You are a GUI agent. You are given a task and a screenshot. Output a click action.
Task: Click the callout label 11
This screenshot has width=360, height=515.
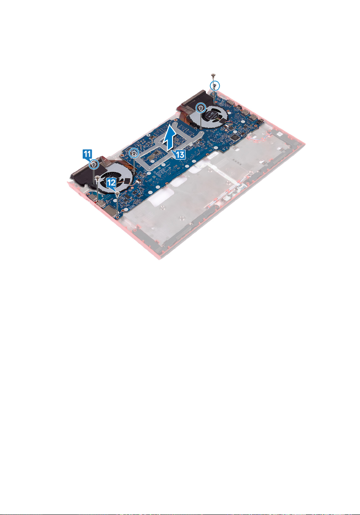[87, 153]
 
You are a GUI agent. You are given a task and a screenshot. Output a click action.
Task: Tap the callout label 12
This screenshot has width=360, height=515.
[112, 183]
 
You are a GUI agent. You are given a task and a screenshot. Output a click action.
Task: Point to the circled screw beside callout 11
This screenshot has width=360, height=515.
[94, 163]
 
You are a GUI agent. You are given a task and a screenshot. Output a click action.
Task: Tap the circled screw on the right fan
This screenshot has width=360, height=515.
[200, 107]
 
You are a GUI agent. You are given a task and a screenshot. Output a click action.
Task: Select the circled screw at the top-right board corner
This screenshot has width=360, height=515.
[214, 86]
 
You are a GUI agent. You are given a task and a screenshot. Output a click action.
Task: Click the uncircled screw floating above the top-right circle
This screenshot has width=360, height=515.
[213, 75]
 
